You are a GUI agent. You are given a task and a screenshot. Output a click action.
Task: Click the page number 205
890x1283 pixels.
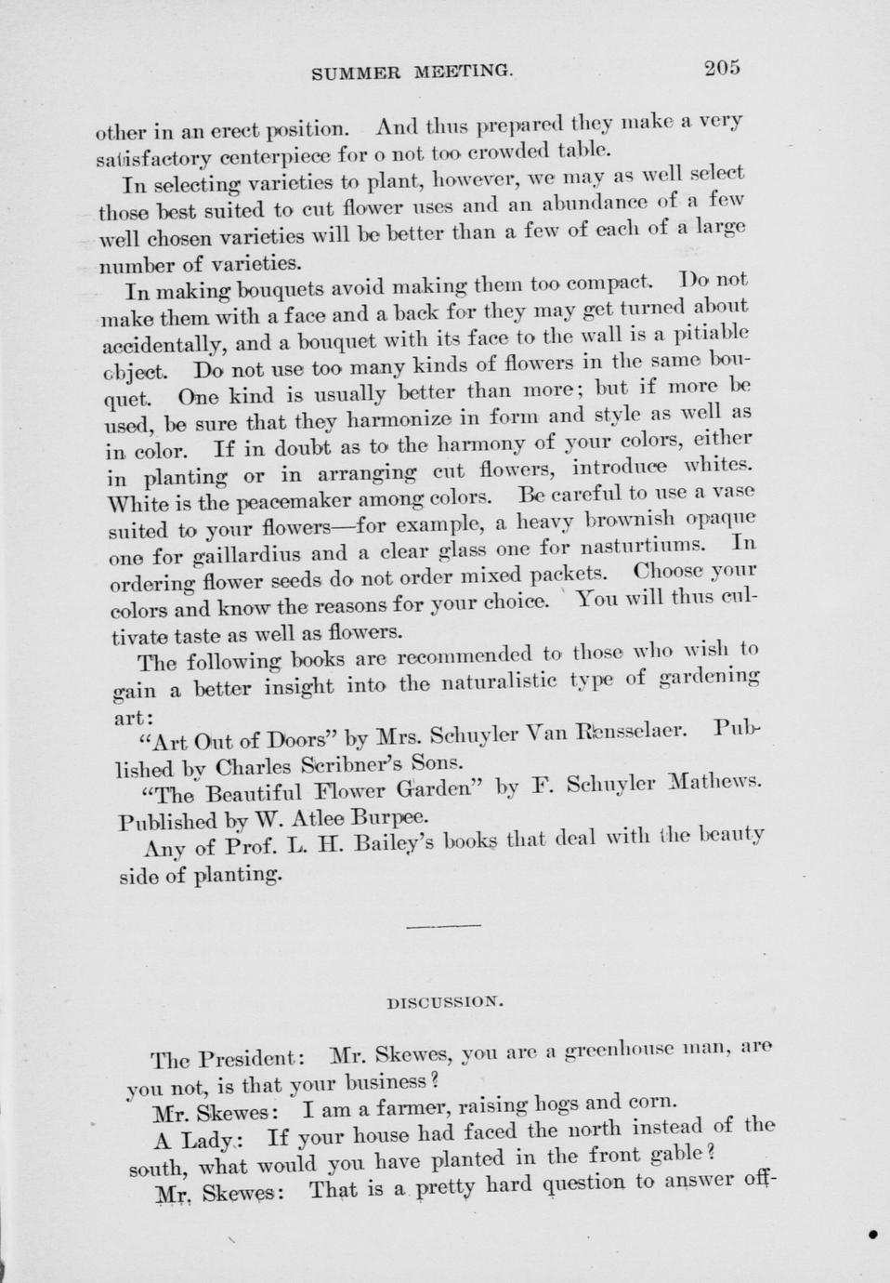[721, 67]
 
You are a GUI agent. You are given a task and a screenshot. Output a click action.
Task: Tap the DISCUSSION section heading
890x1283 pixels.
[444, 1003]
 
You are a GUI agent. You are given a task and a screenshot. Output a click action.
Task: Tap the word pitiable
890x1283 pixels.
[711, 333]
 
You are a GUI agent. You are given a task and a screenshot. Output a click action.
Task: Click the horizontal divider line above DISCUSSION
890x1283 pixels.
[444, 925]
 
